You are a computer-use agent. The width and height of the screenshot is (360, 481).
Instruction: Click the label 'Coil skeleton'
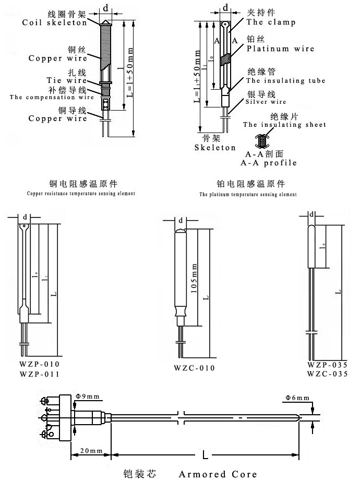55,22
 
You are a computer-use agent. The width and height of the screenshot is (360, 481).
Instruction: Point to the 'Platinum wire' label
281,49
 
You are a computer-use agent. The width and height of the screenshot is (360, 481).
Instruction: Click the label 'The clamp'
271,22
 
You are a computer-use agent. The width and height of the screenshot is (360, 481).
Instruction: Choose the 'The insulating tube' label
285,81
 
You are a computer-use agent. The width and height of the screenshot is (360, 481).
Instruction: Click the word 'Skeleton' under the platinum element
215,148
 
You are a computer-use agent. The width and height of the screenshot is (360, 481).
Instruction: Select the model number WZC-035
328,374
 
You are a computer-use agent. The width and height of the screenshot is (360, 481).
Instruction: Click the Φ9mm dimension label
88,397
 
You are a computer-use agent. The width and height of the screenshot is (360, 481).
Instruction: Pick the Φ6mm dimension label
296,399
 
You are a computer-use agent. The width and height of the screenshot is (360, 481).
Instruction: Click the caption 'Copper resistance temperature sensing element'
81,193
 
